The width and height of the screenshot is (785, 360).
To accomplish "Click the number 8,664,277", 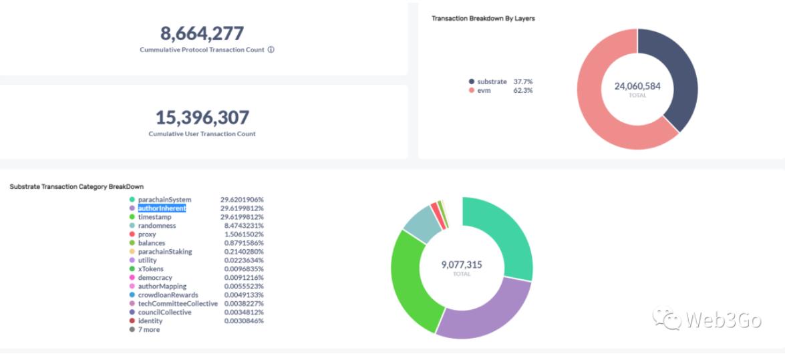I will pyautogui.click(x=202, y=33).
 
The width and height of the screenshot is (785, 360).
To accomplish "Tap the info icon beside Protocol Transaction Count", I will pyautogui.click(x=271, y=50).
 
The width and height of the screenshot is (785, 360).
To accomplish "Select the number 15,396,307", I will pyautogui.click(x=202, y=118).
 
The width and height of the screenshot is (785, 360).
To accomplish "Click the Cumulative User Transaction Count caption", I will pyautogui.click(x=202, y=134).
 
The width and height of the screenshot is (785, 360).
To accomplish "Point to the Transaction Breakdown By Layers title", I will pyautogui.click(x=483, y=19).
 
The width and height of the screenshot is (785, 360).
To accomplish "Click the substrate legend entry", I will pyautogui.click(x=492, y=81).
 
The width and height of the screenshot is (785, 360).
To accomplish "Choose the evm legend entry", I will pyautogui.click(x=484, y=90).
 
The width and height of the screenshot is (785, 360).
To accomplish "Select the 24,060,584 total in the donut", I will pyautogui.click(x=637, y=86).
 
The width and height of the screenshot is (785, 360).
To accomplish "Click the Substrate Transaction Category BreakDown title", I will pyautogui.click(x=77, y=186).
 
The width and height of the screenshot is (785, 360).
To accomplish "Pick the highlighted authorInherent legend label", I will pyautogui.click(x=162, y=208).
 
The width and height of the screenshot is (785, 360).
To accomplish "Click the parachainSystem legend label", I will pyautogui.click(x=164, y=200).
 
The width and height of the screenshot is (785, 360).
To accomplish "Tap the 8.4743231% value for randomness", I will pyautogui.click(x=242, y=226).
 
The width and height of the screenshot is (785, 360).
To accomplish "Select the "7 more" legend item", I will pyautogui.click(x=148, y=329).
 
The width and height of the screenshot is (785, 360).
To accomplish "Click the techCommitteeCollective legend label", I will pyautogui.click(x=178, y=303).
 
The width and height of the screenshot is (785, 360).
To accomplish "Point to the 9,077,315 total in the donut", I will pyautogui.click(x=461, y=264).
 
